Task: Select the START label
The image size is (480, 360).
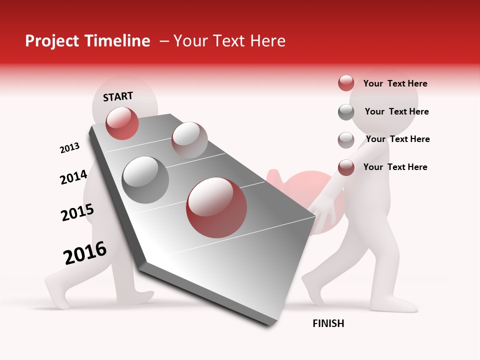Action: coord(118,96)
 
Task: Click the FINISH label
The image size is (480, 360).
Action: coord(328,323)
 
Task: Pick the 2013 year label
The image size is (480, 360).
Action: coord(69,148)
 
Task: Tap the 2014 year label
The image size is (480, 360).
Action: coord(73,177)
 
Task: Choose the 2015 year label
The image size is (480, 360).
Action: coord(77,213)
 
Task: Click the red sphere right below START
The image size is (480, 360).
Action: coord(122,123)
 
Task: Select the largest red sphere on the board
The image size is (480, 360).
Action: coord(216,207)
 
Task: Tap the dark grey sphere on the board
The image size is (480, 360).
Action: coord(145,180)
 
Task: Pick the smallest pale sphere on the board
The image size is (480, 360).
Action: coord(189,139)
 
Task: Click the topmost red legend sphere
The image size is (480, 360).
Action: coord(346,83)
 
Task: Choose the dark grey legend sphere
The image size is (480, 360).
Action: coord(346,112)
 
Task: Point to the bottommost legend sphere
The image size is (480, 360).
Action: coord(346,167)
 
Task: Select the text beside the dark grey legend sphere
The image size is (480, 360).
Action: coord(396,111)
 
